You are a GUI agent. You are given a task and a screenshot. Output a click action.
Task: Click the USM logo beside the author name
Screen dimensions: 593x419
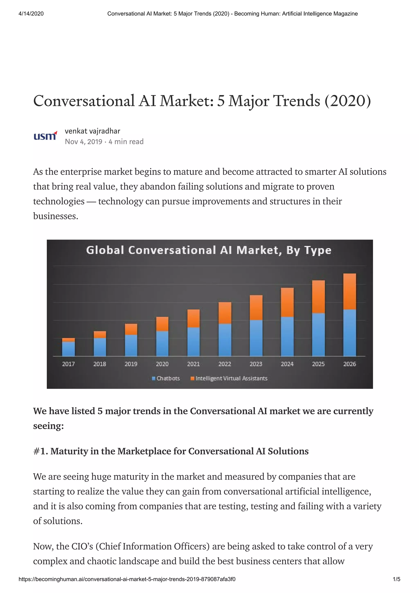(45, 136)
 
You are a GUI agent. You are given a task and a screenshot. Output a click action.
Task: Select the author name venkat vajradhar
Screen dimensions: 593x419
(92, 131)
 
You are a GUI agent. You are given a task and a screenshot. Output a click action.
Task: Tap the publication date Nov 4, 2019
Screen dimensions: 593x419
(83, 142)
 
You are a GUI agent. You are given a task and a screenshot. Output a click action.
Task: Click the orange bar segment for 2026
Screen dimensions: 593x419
(349, 291)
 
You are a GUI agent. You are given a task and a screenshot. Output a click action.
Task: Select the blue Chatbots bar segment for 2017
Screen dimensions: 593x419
(68, 349)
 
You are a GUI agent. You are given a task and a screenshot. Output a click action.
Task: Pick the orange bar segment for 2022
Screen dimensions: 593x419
(225, 313)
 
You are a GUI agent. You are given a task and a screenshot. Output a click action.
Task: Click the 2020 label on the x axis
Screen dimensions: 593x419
(162, 364)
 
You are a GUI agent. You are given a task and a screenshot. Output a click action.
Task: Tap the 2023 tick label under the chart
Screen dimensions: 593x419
(256, 364)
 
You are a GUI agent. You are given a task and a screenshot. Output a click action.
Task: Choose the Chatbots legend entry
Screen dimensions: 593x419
(166, 378)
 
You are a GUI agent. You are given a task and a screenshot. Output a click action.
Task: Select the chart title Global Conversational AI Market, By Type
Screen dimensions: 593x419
(209, 250)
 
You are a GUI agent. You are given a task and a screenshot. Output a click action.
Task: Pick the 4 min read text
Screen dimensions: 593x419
(126, 142)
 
